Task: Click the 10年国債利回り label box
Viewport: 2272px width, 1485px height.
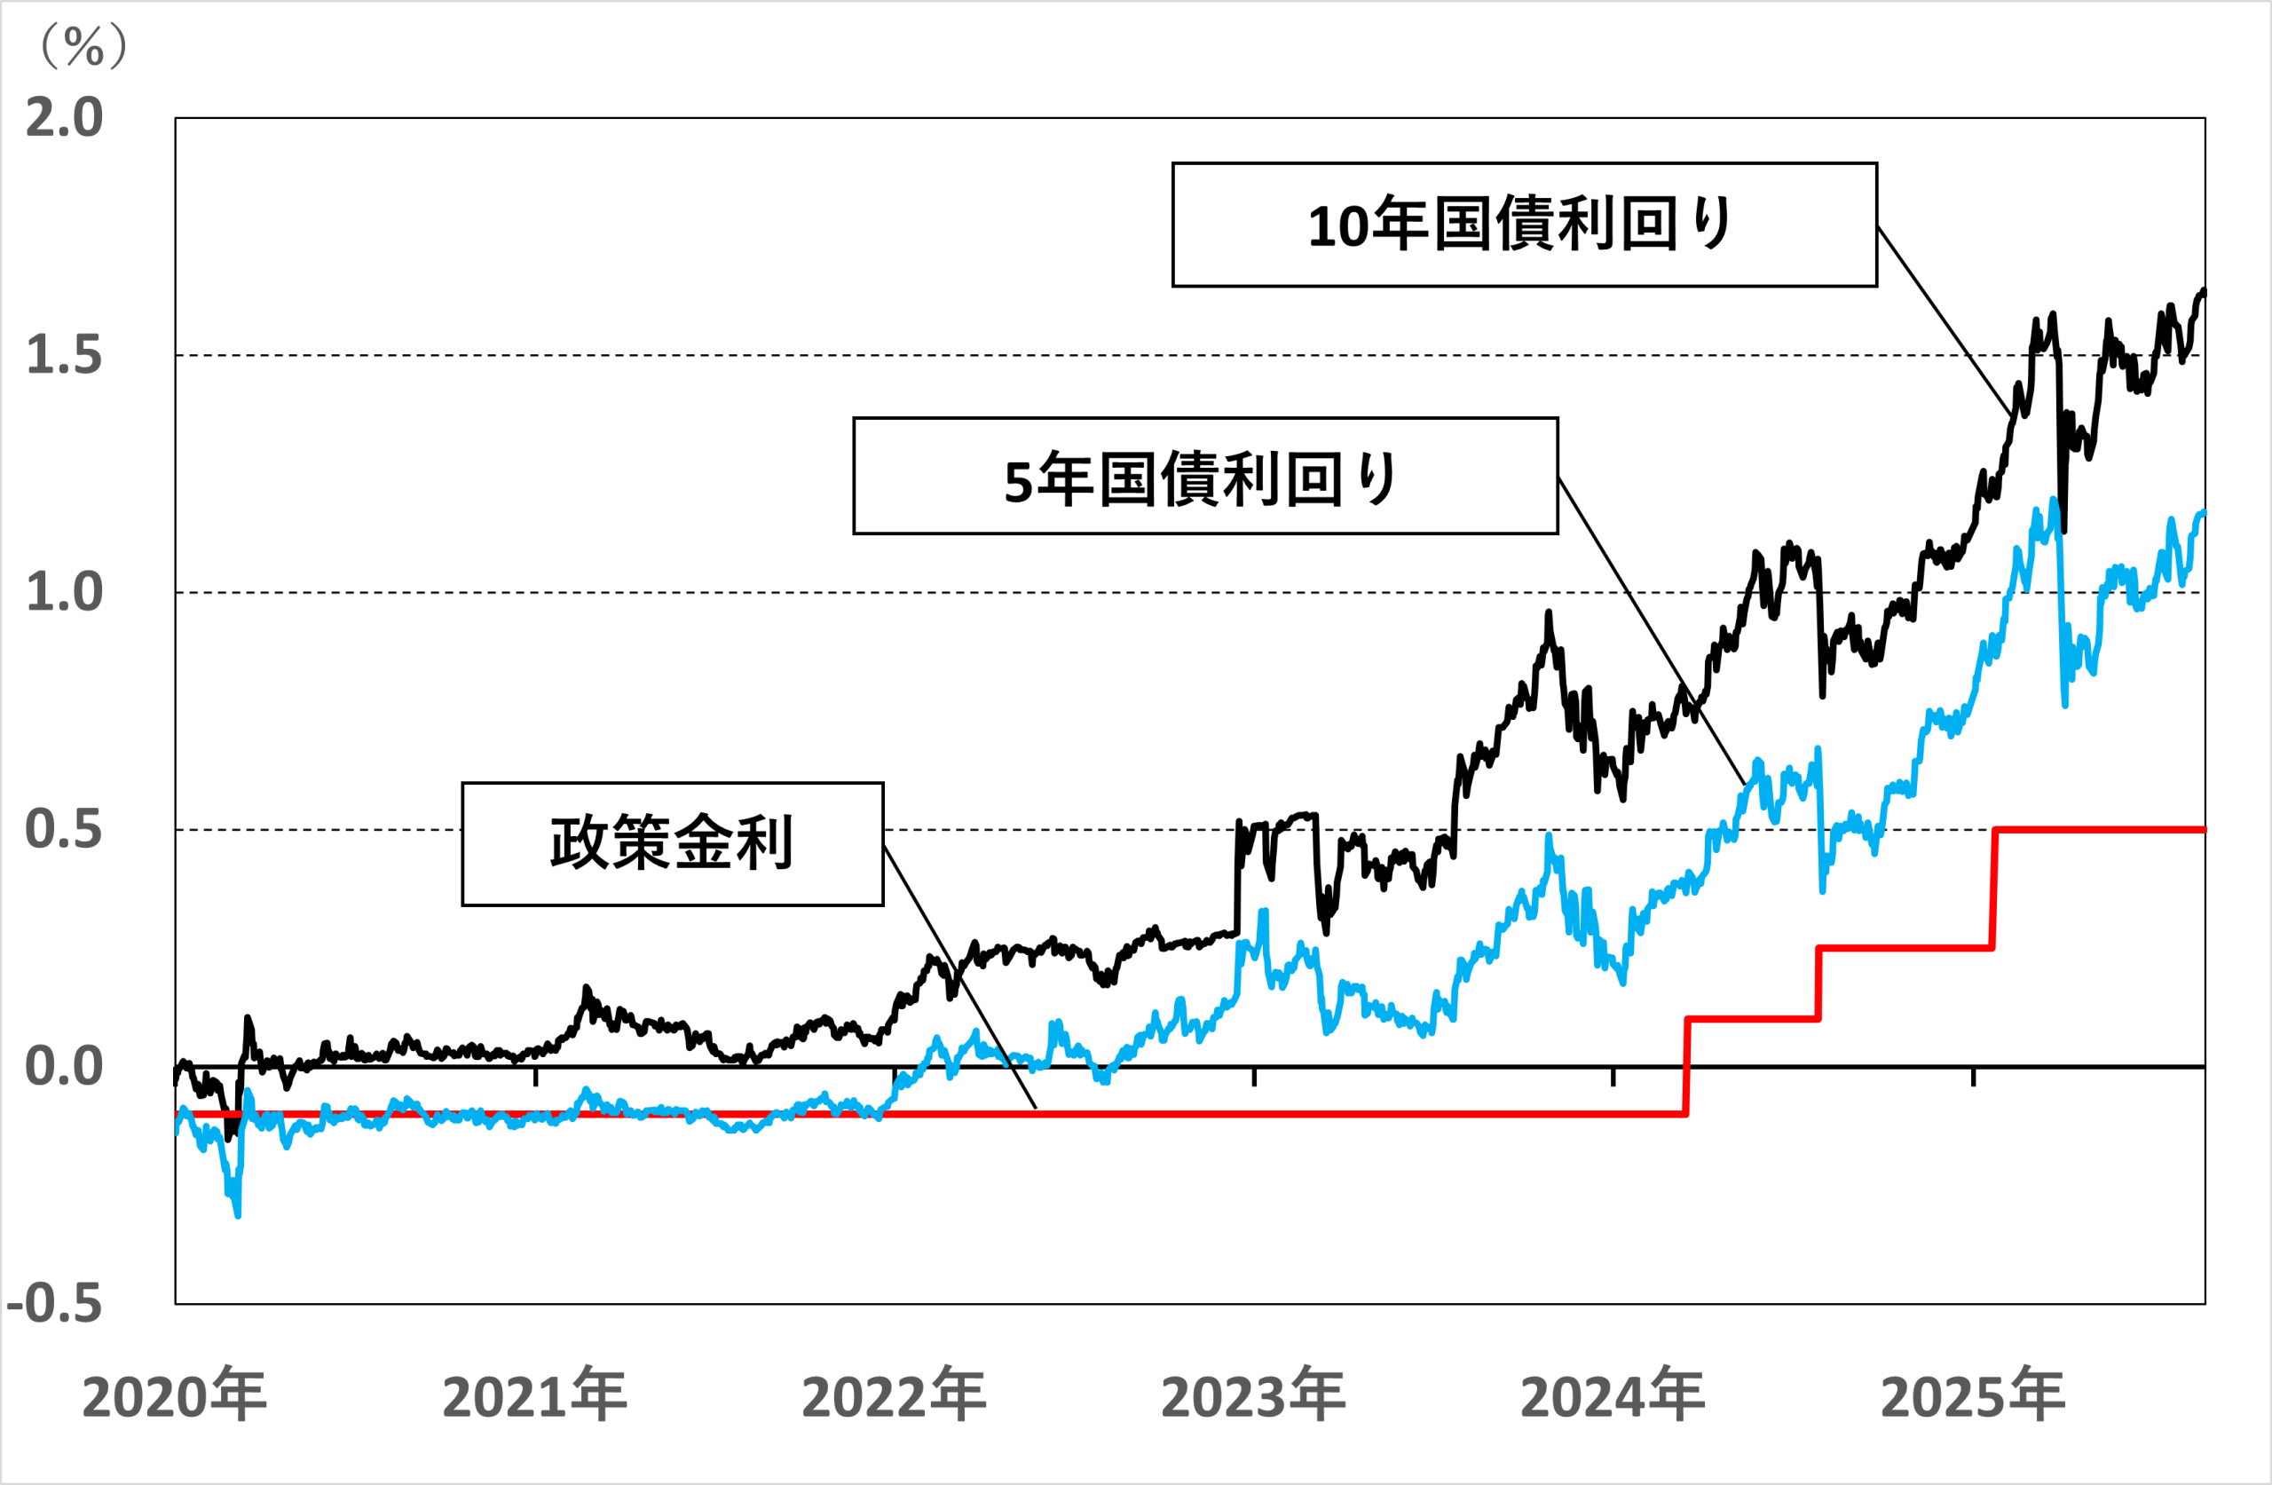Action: tap(1525, 225)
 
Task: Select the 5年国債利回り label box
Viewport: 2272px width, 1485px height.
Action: tap(1206, 476)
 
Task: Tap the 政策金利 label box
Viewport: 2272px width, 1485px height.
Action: tap(673, 844)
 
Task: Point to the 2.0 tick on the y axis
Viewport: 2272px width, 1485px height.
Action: tap(64, 118)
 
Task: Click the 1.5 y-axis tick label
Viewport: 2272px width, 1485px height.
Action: tap(64, 355)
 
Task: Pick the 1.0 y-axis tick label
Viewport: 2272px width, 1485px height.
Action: tap(64, 592)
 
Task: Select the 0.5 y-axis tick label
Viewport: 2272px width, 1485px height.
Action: tap(64, 829)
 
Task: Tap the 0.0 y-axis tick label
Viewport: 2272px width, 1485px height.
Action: tap(64, 1066)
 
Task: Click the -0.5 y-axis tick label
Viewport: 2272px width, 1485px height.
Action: tap(54, 1304)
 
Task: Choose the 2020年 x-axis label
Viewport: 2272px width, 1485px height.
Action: tap(175, 1395)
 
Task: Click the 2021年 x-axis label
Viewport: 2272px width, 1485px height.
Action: tap(534, 1395)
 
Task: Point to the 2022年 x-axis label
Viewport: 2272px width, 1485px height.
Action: tap(895, 1395)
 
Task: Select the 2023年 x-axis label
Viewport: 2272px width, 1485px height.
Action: tap(1253, 1395)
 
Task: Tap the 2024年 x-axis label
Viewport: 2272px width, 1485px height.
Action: tap(1613, 1395)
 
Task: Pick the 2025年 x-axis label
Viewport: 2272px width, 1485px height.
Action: tap(1973, 1395)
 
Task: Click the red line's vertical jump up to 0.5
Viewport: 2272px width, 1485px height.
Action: tap(1993, 889)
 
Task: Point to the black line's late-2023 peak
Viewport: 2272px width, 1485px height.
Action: tap(1549, 613)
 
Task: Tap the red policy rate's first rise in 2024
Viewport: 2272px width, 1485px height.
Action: tap(1687, 1066)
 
